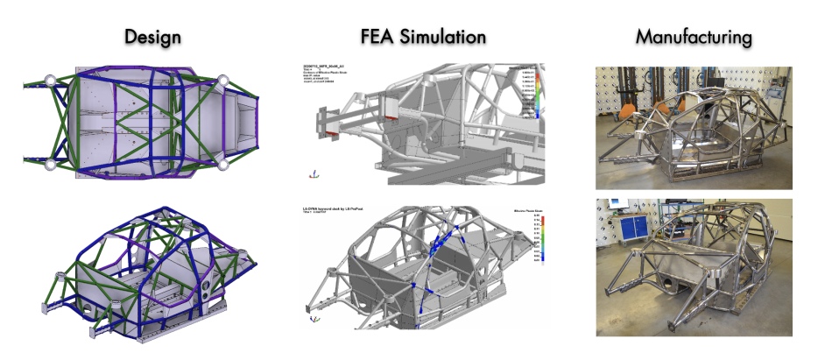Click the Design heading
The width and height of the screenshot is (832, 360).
pyautogui.click(x=152, y=37)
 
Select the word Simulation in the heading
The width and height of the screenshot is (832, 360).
pyautogui.click(x=447, y=37)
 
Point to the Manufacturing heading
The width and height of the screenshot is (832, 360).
pyautogui.click(x=694, y=37)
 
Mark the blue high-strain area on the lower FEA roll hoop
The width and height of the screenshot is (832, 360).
pyautogui.click(x=449, y=254)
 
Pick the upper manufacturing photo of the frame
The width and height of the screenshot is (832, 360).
pyautogui.click(x=694, y=127)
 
